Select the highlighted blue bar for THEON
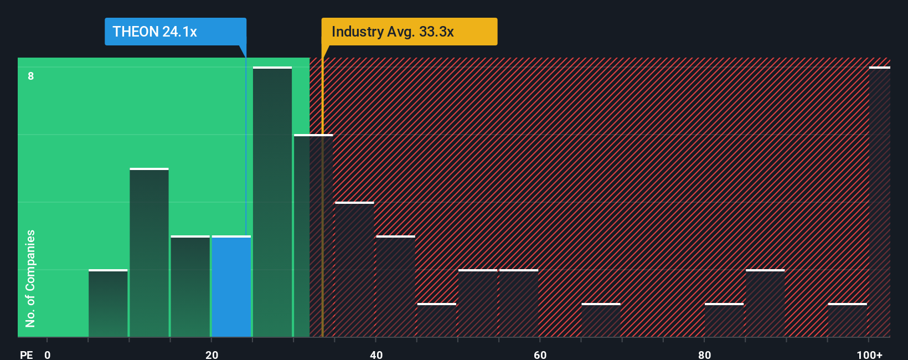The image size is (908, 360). pyautogui.click(x=231, y=286)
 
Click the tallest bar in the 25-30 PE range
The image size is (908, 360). pyautogui.click(x=272, y=202)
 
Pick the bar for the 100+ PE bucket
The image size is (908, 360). pyautogui.click(x=879, y=202)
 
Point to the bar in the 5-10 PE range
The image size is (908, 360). pyautogui.click(x=108, y=304)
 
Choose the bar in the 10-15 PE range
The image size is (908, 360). pyautogui.click(x=149, y=253)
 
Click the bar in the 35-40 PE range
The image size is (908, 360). pyautogui.click(x=354, y=270)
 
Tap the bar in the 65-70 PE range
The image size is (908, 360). pyautogui.click(x=601, y=320)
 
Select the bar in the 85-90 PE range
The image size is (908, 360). pyautogui.click(x=765, y=304)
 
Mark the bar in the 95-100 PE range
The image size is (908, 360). pyautogui.click(x=847, y=320)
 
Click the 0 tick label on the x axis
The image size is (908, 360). pyautogui.click(x=48, y=354)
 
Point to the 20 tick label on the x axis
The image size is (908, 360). pyautogui.click(x=211, y=354)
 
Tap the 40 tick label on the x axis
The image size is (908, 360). pyautogui.click(x=376, y=354)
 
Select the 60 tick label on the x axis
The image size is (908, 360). pyautogui.click(x=540, y=354)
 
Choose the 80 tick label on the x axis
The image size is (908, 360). pyautogui.click(x=704, y=354)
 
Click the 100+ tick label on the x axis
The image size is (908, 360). pyautogui.click(x=869, y=354)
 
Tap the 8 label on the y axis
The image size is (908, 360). pyautogui.click(x=31, y=76)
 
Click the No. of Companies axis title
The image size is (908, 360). pyautogui.click(x=30, y=278)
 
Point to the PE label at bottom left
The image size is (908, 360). pyautogui.click(x=26, y=354)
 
